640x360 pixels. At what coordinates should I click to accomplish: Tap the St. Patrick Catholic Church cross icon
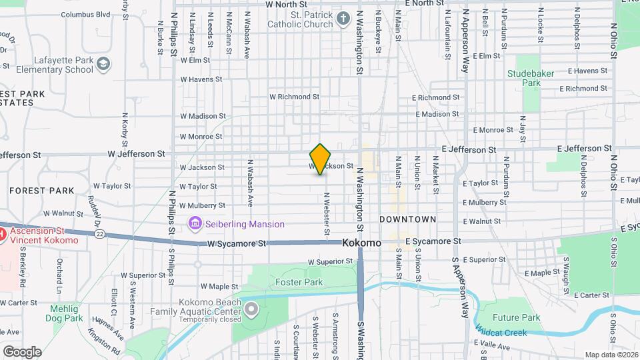343,18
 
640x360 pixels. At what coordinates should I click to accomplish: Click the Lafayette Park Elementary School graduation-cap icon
103,64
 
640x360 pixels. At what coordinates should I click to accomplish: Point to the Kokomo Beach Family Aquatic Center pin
251,309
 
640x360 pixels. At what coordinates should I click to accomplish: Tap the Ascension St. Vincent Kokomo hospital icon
2,234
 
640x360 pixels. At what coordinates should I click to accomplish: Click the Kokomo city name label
362,243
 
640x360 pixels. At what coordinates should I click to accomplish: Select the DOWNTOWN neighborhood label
407,219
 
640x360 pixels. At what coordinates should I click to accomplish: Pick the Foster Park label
299,282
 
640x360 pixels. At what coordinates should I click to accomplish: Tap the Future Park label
516,318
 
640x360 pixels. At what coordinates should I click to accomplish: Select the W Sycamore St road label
236,244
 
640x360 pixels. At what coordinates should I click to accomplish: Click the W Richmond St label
294,97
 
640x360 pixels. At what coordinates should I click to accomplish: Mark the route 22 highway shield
100,233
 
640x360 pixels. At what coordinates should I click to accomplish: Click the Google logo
22,351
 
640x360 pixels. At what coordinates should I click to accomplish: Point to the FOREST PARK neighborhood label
42,191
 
